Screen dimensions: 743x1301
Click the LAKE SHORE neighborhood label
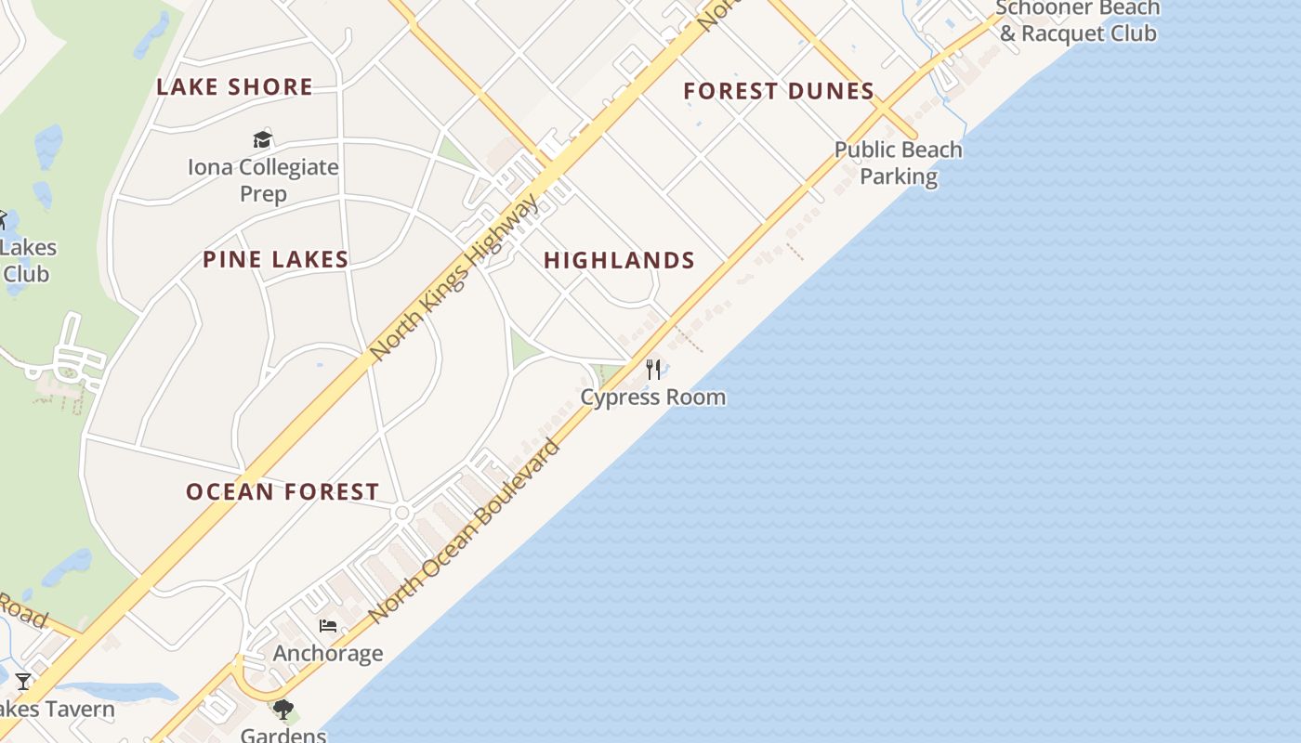tap(234, 87)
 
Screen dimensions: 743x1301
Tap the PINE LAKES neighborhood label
tap(276, 260)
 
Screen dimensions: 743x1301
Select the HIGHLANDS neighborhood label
tap(619, 261)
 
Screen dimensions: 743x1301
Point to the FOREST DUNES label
tap(779, 91)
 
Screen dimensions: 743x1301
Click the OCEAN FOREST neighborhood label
tap(283, 492)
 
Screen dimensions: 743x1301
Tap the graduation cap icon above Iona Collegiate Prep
tap(263, 140)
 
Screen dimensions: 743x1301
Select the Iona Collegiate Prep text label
tap(263, 180)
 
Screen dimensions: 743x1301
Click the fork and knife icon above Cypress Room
tap(653, 370)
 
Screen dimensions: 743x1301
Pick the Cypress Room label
tap(653, 398)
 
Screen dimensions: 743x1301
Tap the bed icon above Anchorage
tap(327, 626)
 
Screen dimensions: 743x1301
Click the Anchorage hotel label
tap(327, 654)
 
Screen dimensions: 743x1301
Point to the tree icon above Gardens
tap(283, 710)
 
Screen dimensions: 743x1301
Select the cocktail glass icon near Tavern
tap(23, 682)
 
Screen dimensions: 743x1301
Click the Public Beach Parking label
tap(898, 163)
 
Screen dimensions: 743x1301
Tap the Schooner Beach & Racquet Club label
tap(1078, 20)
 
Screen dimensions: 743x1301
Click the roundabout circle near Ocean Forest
tap(402, 513)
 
